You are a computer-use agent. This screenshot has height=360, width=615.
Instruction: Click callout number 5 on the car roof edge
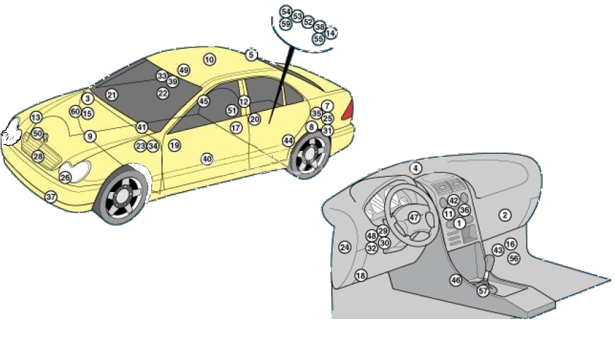coord(251,54)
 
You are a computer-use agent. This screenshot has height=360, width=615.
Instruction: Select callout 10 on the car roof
coord(209,60)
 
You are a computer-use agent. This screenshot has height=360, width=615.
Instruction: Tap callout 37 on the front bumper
coord(51,197)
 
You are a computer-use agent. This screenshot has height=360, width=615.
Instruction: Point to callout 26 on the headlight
coord(66,178)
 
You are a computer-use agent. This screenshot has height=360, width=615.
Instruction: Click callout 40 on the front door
coord(206,159)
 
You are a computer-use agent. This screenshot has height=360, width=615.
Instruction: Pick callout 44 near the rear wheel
coord(288,140)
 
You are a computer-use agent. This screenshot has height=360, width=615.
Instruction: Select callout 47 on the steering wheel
coord(414,218)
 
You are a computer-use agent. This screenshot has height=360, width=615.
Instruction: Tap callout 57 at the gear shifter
coord(483,291)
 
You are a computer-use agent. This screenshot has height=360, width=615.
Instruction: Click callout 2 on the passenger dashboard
coord(505,215)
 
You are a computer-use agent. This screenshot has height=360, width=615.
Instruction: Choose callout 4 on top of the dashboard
coord(416,168)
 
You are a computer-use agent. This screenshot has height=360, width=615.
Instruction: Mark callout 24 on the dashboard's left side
coord(345,247)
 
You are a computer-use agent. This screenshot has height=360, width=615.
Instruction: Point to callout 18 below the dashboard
coord(361,275)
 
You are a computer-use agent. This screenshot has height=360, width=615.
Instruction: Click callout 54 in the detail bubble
coord(285,12)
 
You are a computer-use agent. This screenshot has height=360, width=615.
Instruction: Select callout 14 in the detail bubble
coord(330,33)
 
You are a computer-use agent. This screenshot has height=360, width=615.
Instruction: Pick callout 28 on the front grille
coord(38,157)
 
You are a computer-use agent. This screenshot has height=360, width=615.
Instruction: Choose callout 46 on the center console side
coord(456,280)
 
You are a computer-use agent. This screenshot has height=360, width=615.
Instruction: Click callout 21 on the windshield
coord(112,95)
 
